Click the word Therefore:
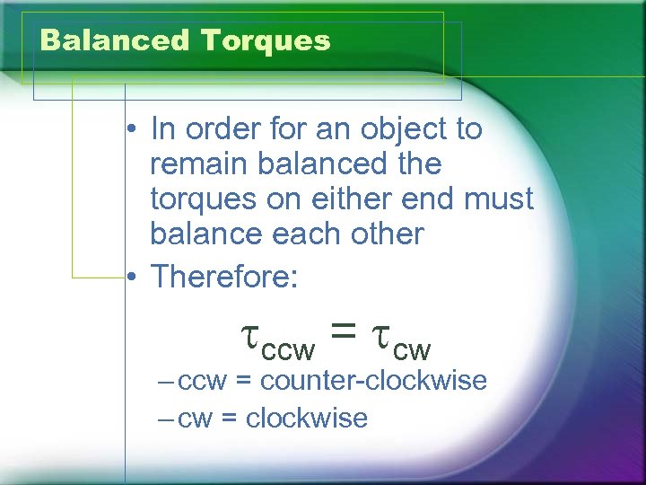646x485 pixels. (x=223, y=277)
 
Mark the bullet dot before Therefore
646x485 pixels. (x=131, y=278)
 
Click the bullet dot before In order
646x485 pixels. (x=131, y=130)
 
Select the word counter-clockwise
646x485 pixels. (x=373, y=381)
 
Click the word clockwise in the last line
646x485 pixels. (x=306, y=418)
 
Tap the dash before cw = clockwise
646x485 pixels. (x=165, y=418)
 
